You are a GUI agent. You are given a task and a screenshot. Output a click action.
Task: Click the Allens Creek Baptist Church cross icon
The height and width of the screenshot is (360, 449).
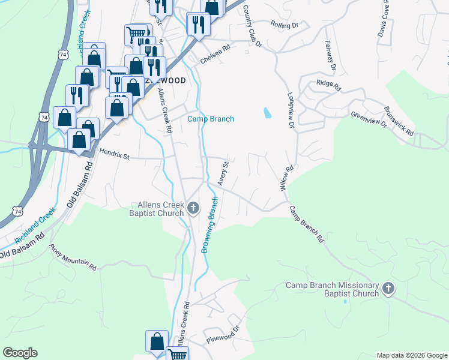click(x=193, y=209)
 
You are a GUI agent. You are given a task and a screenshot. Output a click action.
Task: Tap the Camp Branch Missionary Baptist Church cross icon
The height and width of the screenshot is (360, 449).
click(x=388, y=289)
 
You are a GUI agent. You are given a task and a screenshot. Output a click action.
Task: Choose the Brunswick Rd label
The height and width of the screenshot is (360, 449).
click(x=399, y=121)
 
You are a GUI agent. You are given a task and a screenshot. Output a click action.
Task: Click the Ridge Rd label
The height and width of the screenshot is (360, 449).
click(x=328, y=85)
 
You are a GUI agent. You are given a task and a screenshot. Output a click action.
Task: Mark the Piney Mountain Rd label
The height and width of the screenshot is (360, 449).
click(x=73, y=257)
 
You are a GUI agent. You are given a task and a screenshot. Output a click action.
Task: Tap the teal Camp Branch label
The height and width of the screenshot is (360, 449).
click(x=211, y=119)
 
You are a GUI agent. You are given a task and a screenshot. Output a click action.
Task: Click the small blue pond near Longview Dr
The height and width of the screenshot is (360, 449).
click(x=267, y=112)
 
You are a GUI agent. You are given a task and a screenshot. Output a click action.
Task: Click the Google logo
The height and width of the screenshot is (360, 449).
click(x=20, y=353)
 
